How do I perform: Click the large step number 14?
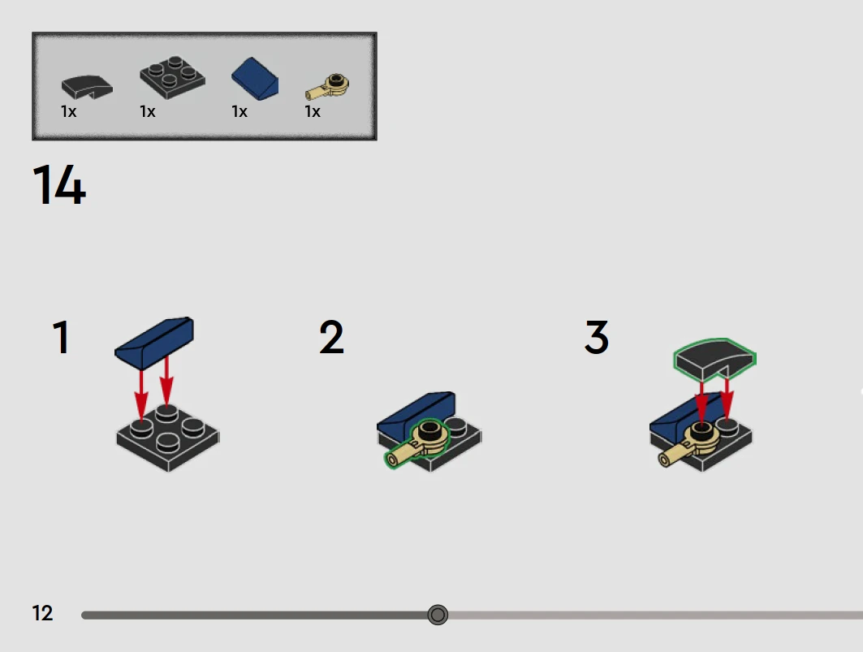(59, 184)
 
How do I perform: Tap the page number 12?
(42, 613)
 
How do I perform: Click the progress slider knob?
(438, 615)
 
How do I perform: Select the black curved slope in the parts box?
(87, 87)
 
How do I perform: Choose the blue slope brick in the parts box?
(255, 79)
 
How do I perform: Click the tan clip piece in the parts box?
(327, 87)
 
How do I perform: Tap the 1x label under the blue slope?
(239, 112)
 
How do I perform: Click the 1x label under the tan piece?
(313, 112)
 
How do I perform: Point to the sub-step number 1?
(61, 337)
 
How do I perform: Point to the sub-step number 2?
(331, 337)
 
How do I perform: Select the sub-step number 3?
(597, 337)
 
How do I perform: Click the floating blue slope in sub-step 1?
(154, 343)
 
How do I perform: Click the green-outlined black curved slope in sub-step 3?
(715, 359)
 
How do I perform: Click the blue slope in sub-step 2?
(416, 414)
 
